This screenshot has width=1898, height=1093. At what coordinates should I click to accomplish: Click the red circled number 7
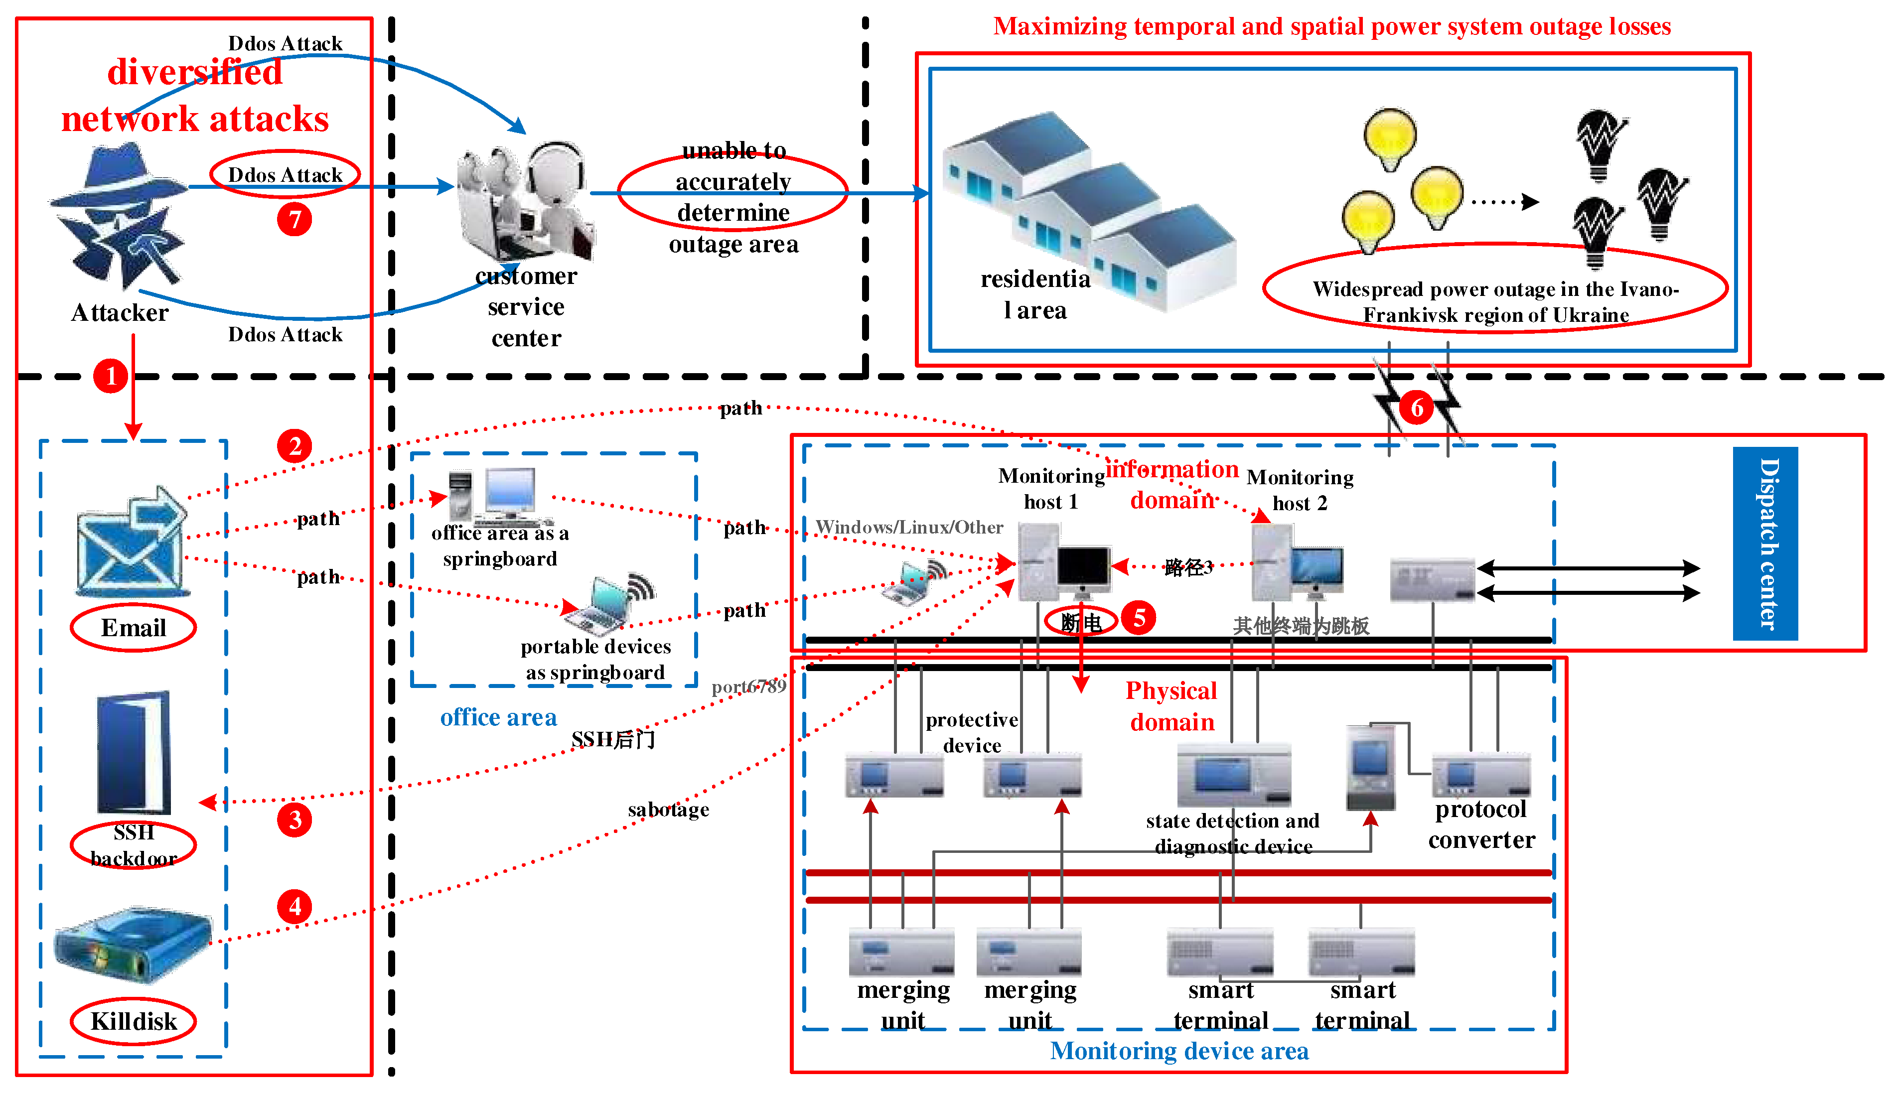point(294,219)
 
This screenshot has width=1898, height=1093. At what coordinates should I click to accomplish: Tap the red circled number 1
point(110,375)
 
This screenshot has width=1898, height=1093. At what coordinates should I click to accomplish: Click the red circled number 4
point(294,907)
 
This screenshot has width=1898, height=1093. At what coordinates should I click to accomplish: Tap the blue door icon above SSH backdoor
point(134,753)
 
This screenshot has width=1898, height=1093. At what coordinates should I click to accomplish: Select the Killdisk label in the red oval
point(134,1021)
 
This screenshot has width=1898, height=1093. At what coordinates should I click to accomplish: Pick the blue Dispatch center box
point(1764,544)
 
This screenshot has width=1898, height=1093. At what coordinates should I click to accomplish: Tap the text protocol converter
point(1480,824)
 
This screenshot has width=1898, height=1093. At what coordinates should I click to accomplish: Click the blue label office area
point(498,718)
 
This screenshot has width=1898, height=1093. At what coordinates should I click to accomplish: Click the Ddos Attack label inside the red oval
point(286,175)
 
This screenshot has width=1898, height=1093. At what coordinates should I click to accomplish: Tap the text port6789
point(748,686)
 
